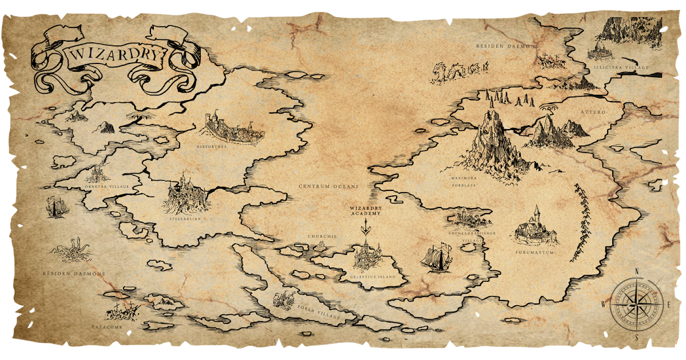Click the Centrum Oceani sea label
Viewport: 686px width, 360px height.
(x=328, y=186)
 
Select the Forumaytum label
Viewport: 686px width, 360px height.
(x=536, y=253)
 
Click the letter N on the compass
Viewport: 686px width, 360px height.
(x=636, y=272)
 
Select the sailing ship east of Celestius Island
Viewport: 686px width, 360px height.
(x=437, y=257)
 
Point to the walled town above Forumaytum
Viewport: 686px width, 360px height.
(x=536, y=229)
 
